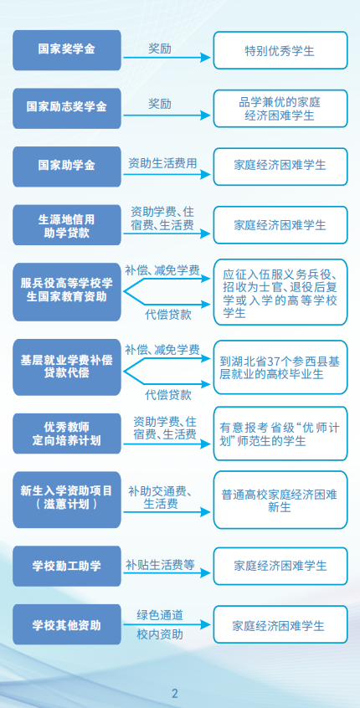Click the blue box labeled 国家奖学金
point(67,50)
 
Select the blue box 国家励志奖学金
point(67,108)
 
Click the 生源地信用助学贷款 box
point(67,225)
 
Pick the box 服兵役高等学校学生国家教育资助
point(67,292)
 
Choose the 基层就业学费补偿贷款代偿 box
point(67,367)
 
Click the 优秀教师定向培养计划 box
point(67,434)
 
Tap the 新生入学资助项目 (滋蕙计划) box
point(67,500)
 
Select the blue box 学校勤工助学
point(67,567)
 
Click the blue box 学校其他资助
point(67,624)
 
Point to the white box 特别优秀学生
point(280,50)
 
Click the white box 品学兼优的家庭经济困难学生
point(280,108)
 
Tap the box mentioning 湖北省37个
point(280,367)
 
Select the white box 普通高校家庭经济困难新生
point(280,500)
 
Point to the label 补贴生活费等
point(160,564)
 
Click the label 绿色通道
point(160,614)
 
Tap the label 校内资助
point(160,634)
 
